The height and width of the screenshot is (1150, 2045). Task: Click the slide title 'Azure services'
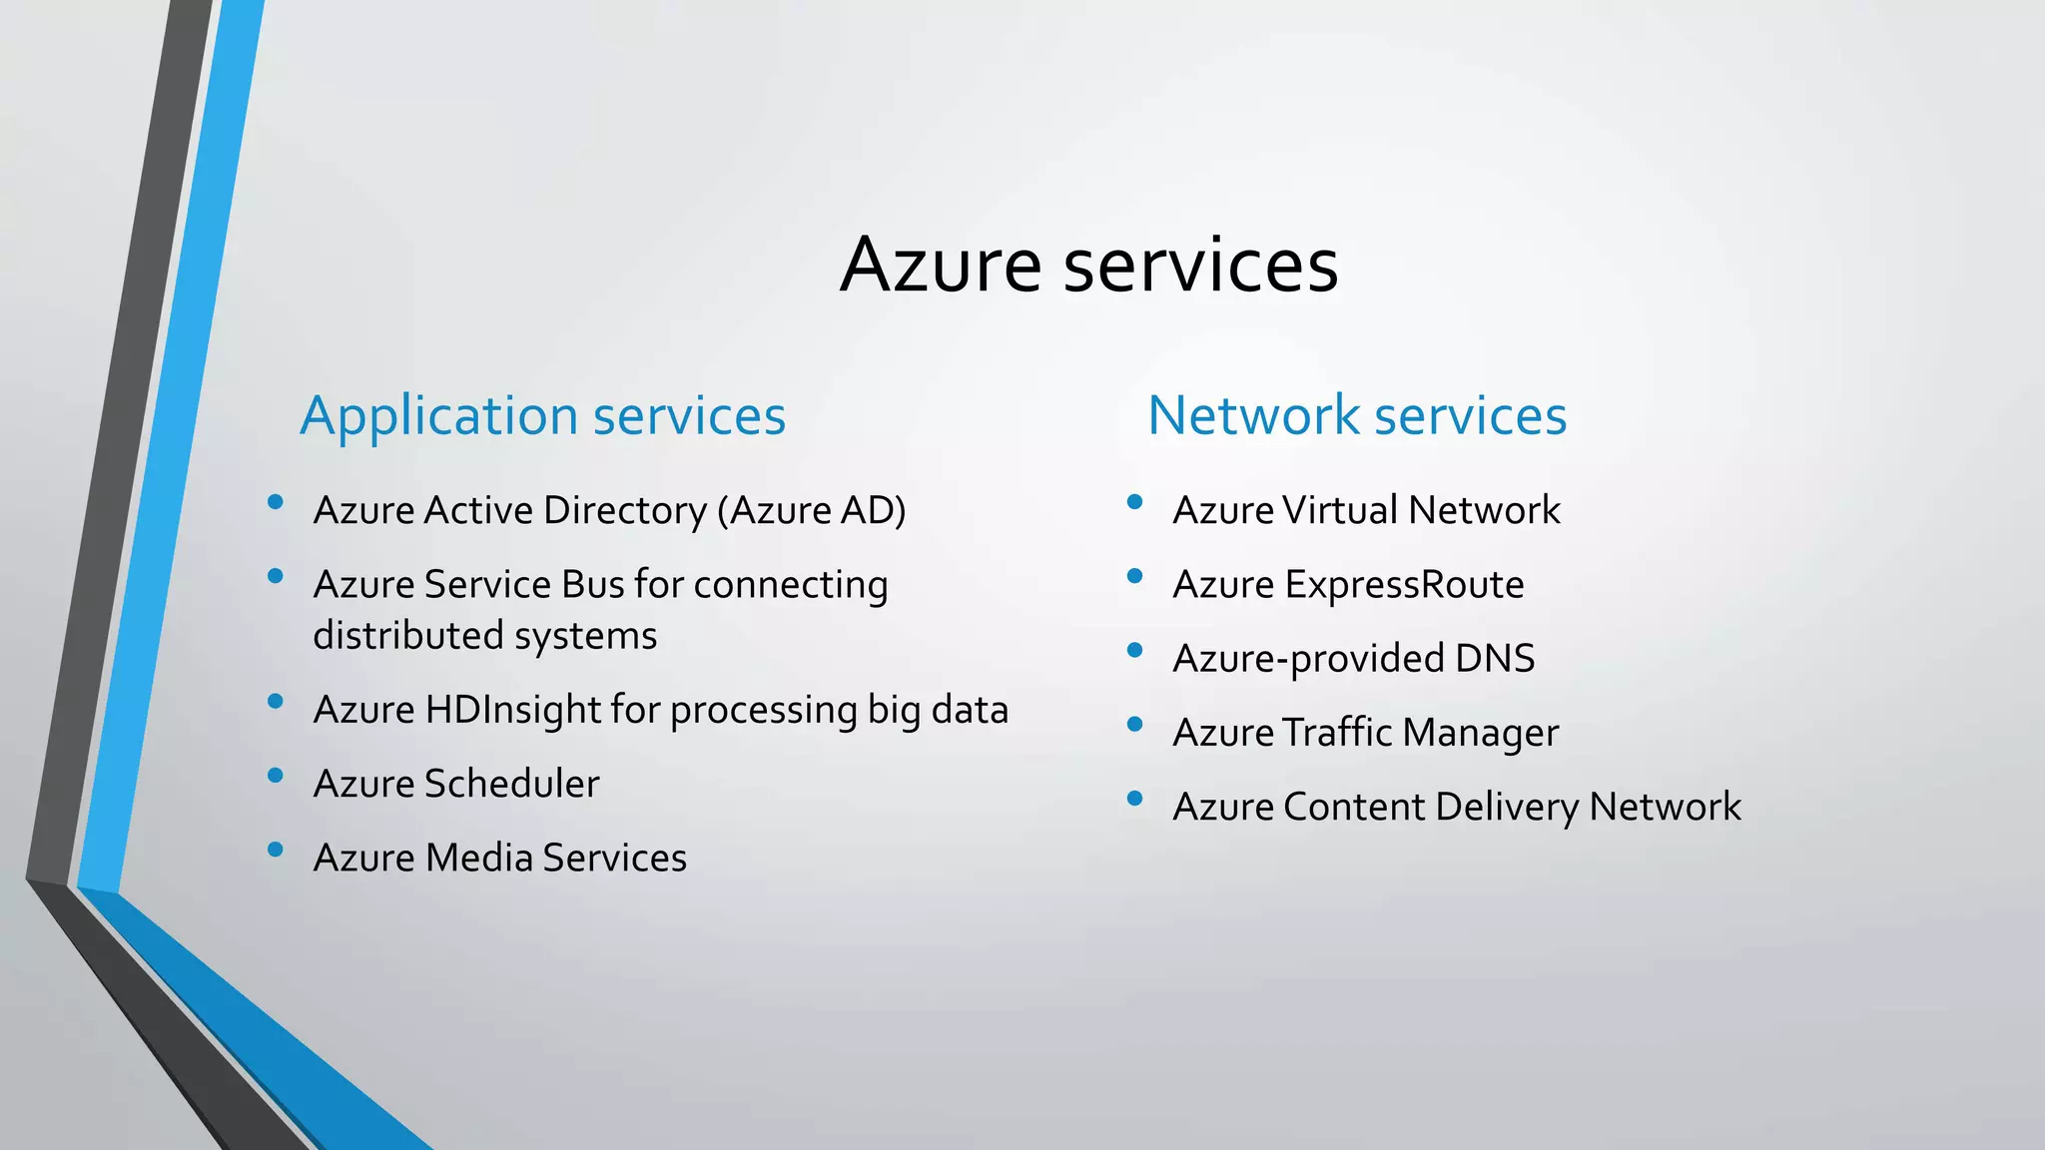click(1088, 265)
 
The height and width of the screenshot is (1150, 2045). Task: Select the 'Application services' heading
click(542, 415)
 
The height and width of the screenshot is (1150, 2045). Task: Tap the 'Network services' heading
click(1357, 415)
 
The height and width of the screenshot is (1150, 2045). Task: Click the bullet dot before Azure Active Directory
click(276, 502)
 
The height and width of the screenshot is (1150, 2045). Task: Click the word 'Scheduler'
click(511, 784)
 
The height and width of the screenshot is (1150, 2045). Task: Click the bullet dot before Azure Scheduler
click(276, 776)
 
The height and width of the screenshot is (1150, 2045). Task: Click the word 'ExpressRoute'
click(1404, 585)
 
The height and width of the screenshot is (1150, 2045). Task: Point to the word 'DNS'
click(1495, 659)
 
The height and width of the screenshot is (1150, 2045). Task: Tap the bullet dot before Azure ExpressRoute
click(1134, 576)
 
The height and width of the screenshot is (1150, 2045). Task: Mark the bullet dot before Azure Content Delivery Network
click(1134, 799)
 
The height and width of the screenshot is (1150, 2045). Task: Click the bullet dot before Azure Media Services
click(276, 850)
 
